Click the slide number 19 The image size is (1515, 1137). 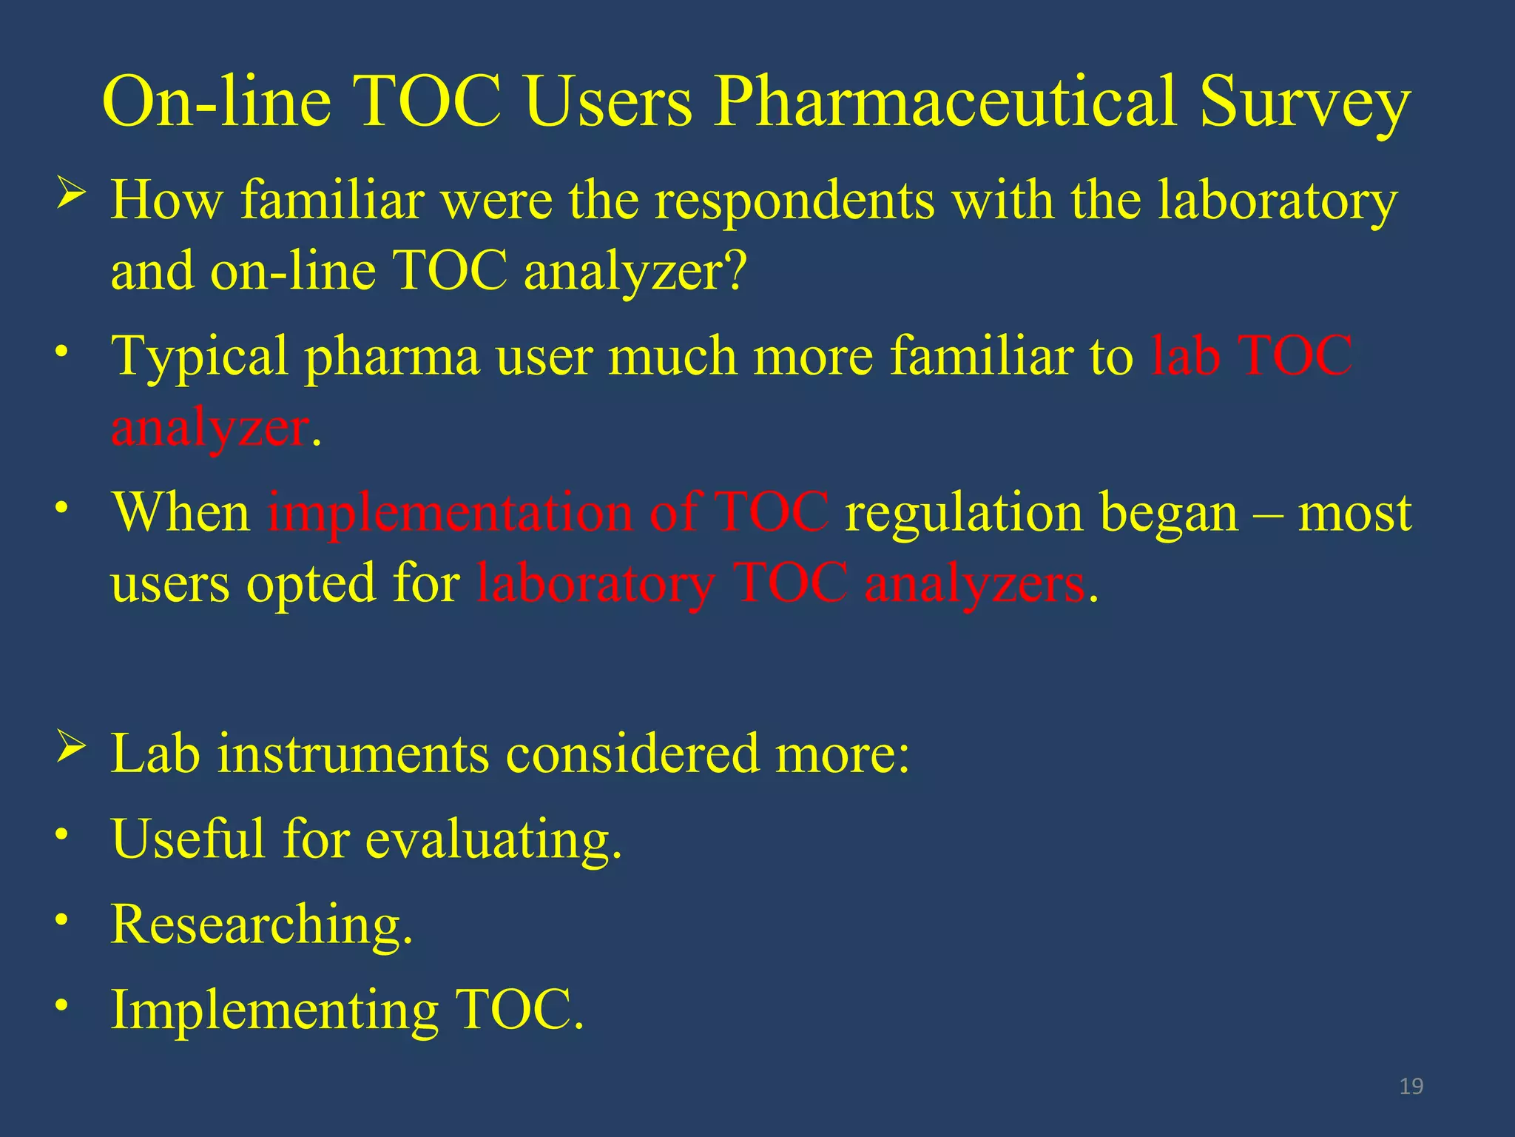tap(1411, 1086)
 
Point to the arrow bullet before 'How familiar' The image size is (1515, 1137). tap(72, 194)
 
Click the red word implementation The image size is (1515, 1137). tap(450, 512)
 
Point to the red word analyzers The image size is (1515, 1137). tap(974, 583)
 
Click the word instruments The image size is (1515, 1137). tap(353, 754)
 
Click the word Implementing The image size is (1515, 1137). tap(274, 1011)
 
